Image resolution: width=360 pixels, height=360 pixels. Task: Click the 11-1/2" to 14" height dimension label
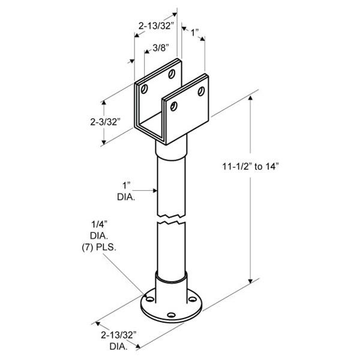(x=250, y=166)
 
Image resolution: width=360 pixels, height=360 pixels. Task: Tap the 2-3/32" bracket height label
(x=105, y=122)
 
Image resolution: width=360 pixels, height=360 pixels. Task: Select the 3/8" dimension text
(x=161, y=48)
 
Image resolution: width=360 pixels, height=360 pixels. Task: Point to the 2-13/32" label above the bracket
(x=155, y=26)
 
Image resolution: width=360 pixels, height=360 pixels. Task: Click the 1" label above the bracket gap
(x=195, y=32)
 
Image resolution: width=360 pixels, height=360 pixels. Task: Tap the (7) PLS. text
(x=99, y=247)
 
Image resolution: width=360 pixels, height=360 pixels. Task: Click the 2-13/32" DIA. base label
(x=118, y=340)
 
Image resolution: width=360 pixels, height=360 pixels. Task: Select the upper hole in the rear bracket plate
(x=172, y=74)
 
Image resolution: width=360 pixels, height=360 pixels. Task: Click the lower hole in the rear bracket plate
(x=144, y=89)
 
